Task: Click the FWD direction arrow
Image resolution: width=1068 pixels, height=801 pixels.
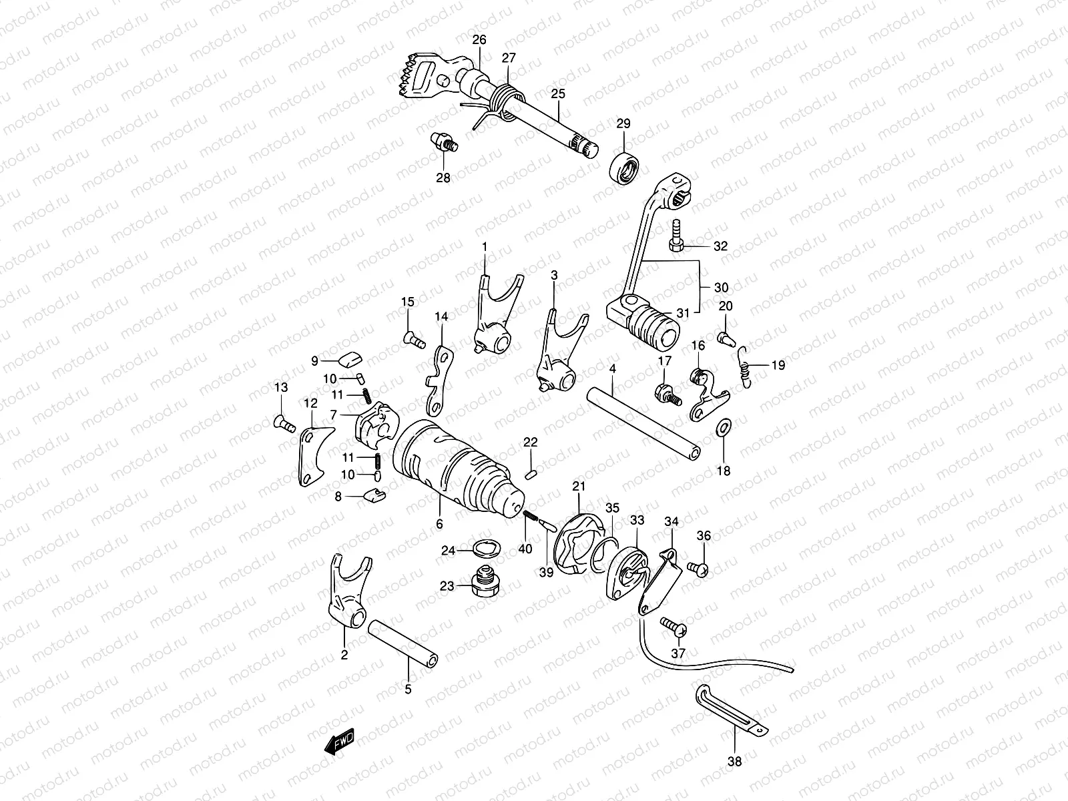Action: (340, 742)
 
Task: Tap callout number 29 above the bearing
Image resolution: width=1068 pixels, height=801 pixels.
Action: (623, 123)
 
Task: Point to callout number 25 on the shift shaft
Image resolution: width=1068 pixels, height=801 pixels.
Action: (557, 94)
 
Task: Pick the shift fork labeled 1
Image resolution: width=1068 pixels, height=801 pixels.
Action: (493, 314)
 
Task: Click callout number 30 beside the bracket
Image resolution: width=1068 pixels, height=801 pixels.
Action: (721, 288)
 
